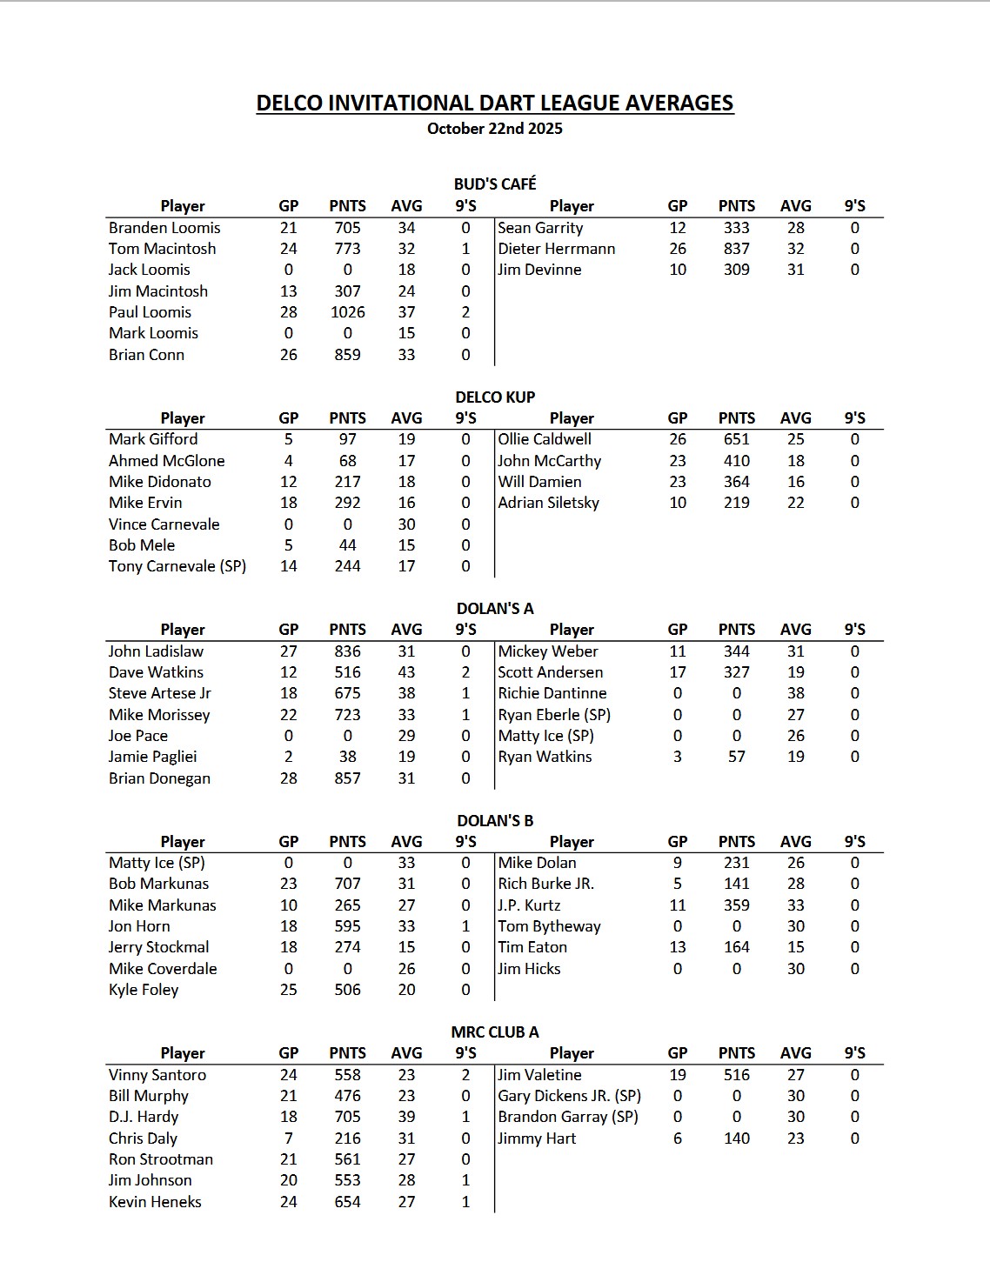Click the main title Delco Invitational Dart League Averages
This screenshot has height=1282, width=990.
[495, 103]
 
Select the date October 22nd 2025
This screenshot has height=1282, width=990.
[495, 129]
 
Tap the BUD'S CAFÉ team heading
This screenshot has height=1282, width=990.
[495, 184]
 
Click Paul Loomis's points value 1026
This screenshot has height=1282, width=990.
[347, 312]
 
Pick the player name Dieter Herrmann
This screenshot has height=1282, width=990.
[556, 249]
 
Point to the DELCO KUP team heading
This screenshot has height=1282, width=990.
[495, 397]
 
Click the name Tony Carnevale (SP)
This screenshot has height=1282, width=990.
[177, 566]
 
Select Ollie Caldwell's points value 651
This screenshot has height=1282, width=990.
[736, 439]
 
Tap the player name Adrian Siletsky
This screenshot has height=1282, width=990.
[548, 503]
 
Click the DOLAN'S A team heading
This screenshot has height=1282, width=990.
[495, 608]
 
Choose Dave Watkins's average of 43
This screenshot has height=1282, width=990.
[406, 672]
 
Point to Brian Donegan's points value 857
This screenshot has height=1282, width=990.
[347, 778]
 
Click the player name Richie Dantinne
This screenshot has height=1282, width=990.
[552, 693]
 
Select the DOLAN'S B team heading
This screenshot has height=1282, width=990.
[495, 820]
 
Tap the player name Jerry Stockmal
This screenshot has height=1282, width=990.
[158, 947]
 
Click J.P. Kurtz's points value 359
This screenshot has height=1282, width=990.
[736, 905]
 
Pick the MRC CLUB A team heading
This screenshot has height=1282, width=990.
[495, 1032]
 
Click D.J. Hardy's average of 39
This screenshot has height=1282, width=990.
[406, 1117]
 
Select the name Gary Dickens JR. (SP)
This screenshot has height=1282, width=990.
[569, 1096]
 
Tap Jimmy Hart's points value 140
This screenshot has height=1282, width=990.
[736, 1138]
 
